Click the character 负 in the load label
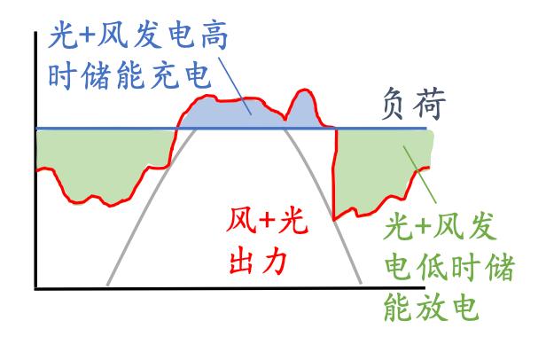(393, 105)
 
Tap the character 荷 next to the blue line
(431, 104)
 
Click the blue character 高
(214, 35)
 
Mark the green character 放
(432, 307)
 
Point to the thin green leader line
(419, 175)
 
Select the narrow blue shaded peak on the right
(302, 112)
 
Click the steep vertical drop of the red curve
(335, 175)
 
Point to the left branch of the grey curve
(151, 207)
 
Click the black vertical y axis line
(35, 160)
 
